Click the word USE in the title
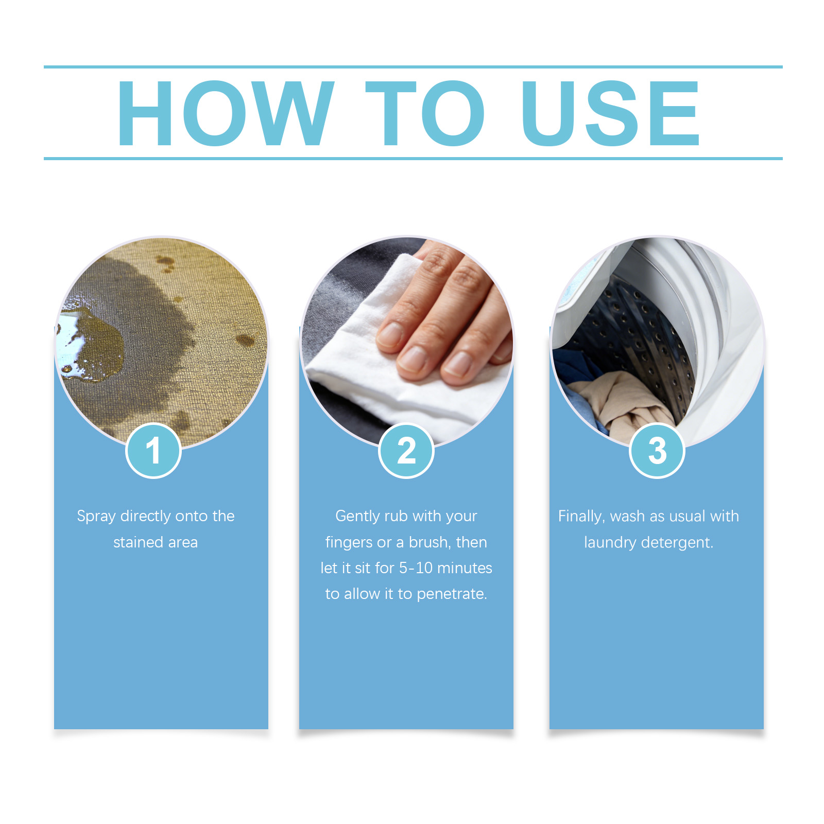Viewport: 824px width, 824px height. [611, 113]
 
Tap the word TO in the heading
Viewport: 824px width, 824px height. [425, 113]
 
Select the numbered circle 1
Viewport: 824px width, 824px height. [153, 451]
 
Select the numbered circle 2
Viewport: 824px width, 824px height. [406, 451]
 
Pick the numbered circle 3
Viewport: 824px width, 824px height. [657, 451]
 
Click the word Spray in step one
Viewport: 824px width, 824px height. [96, 517]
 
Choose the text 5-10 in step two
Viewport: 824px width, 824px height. [416, 568]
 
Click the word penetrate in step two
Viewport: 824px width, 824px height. [452, 594]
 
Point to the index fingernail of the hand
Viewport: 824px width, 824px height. [392, 334]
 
